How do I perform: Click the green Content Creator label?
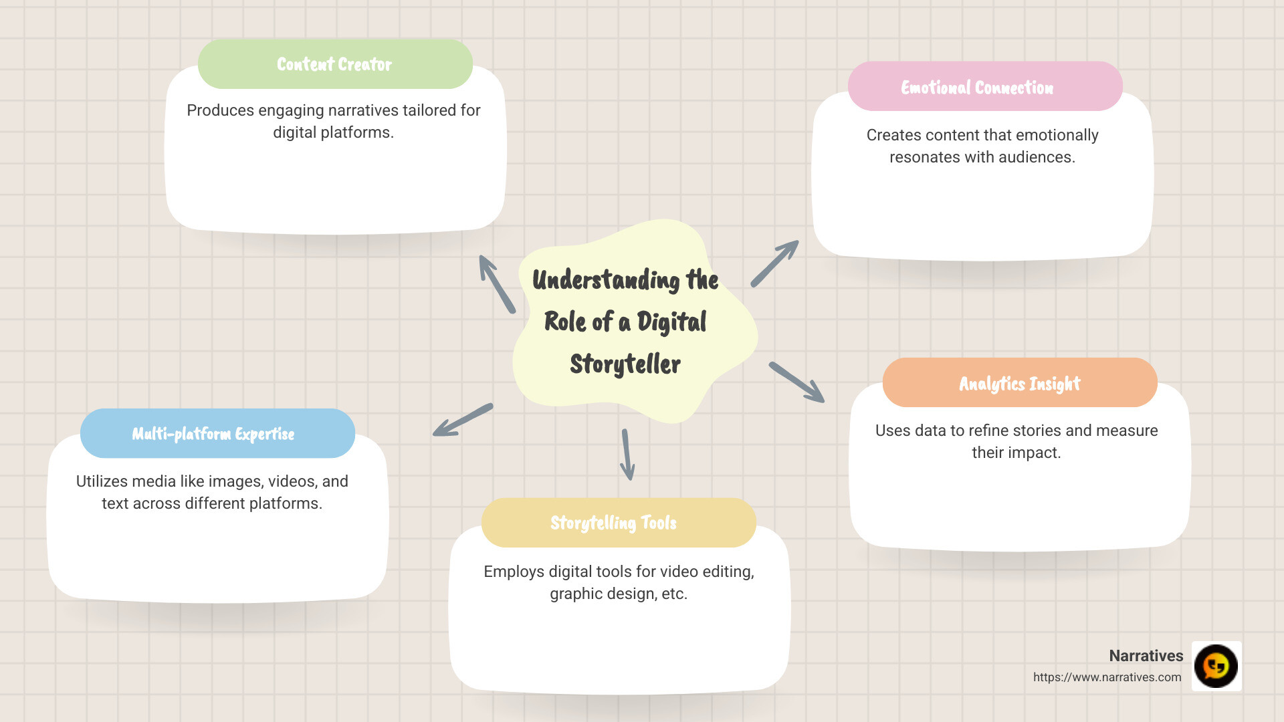click(x=335, y=64)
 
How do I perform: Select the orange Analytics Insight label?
click(x=1019, y=383)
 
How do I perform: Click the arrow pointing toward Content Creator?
click(x=496, y=283)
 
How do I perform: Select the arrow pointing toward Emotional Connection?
click(x=775, y=263)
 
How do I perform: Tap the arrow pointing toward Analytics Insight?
click(x=796, y=382)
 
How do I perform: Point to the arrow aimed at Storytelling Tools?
click(x=627, y=455)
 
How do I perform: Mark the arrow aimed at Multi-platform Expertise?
click(x=463, y=420)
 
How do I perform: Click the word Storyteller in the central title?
click(x=625, y=364)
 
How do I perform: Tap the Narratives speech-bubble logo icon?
click(x=1216, y=666)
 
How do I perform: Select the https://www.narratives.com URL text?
click(x=1107, y=677)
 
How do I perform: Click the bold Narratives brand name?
click(x=1146, y=656)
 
